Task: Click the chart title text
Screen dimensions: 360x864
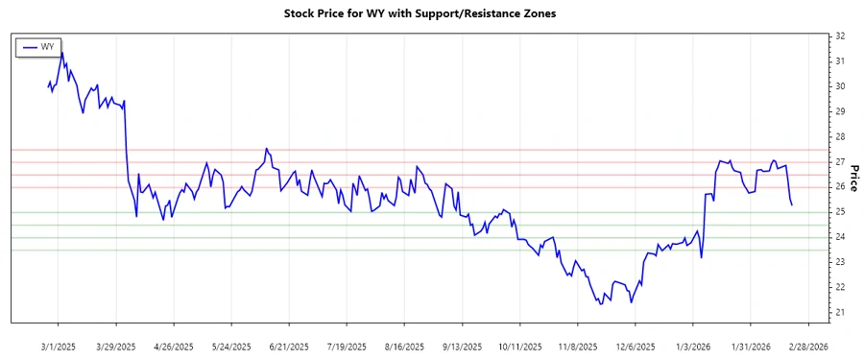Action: point(420,13)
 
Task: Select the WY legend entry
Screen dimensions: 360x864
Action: point(38,46)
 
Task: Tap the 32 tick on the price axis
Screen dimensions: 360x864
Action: point(839,36)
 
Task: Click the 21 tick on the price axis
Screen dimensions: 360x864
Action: point(839,312)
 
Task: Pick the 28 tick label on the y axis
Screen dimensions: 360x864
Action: point(839,136)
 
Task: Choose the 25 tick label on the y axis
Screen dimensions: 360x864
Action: point(839,212)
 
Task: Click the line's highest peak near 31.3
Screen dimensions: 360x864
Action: point(62,53)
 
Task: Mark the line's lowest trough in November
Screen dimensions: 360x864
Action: point(601,304)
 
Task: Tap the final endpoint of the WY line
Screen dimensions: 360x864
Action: point(791,204)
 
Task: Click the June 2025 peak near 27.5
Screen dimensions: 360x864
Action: point(266,149)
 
